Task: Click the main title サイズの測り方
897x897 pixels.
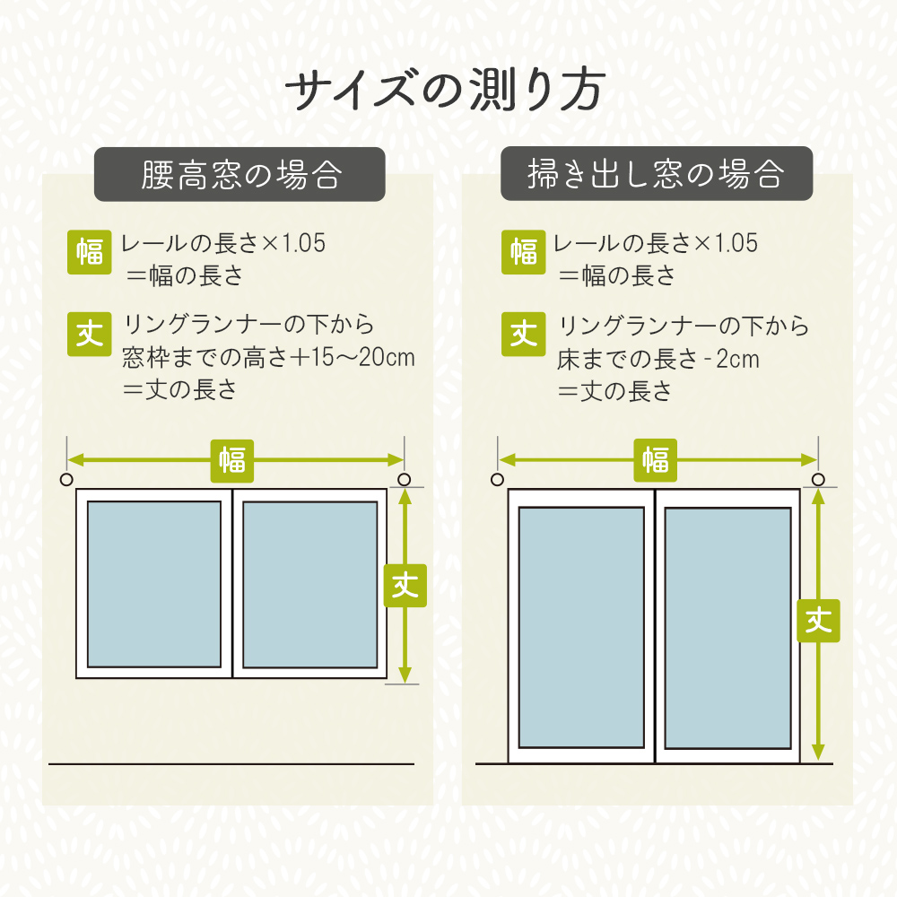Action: coord(446,90)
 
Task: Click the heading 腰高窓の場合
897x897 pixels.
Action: coord(241,175)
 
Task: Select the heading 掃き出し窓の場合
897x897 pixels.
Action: coord(656,173)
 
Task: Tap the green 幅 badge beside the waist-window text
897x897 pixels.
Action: coord(89,252)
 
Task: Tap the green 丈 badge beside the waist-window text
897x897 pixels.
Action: coord(89,334)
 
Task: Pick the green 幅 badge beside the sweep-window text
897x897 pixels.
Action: coord(524,252)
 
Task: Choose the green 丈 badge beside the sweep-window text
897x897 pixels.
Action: coord(524,334)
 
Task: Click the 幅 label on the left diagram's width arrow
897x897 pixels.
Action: coord(231,460)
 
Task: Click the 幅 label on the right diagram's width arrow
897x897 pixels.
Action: coord(655,460)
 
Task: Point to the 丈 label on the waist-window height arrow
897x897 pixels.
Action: coord(405,585)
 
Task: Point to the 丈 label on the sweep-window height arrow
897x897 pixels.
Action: coord(818,621)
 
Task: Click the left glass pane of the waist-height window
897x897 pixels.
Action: coord(154,584)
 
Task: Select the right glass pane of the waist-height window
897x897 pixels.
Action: coord(310,585)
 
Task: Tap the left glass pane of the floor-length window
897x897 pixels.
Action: coord(581,628)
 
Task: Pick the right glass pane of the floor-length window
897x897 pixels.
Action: coord(727,628)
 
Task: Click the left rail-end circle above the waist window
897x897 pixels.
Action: coord(66,479)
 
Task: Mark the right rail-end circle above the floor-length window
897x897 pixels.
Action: coord(818,479)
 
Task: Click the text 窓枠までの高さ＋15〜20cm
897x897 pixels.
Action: coord(268,358)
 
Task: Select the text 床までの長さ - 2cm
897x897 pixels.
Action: coord(658,360)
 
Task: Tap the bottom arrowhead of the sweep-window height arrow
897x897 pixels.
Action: coord(818,753)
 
